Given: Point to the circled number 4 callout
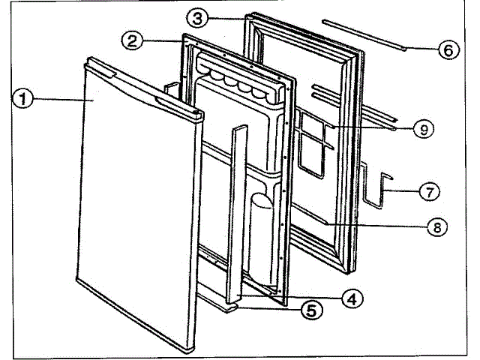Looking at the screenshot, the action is (x=352, y=297).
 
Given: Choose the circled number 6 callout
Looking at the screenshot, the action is (x=445, y=50).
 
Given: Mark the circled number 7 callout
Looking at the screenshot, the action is (x=428, y=191).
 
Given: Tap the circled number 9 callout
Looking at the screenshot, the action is (x=423, y=130).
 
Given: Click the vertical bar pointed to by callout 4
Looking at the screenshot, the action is (x=238, y=210).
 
